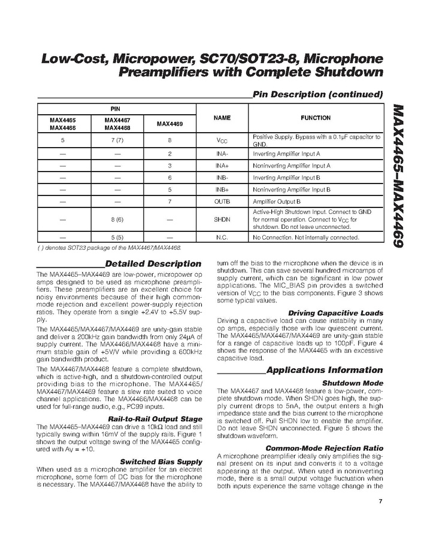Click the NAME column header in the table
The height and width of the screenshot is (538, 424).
point(222,118)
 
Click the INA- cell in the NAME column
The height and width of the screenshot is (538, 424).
point(222,154)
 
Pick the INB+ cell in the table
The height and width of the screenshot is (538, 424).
point(222,189)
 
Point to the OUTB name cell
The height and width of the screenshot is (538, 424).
point(222,201)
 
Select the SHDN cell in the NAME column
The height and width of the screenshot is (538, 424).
point(222,219)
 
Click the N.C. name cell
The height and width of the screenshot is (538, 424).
point(222,237)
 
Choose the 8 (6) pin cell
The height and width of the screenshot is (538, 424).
point(117,219)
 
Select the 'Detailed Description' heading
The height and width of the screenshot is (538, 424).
point(153,264)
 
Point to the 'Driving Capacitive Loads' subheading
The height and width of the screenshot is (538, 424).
point(335,313)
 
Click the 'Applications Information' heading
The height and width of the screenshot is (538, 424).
point(324,371)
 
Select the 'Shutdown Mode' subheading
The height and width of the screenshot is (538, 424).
point(353,383)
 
